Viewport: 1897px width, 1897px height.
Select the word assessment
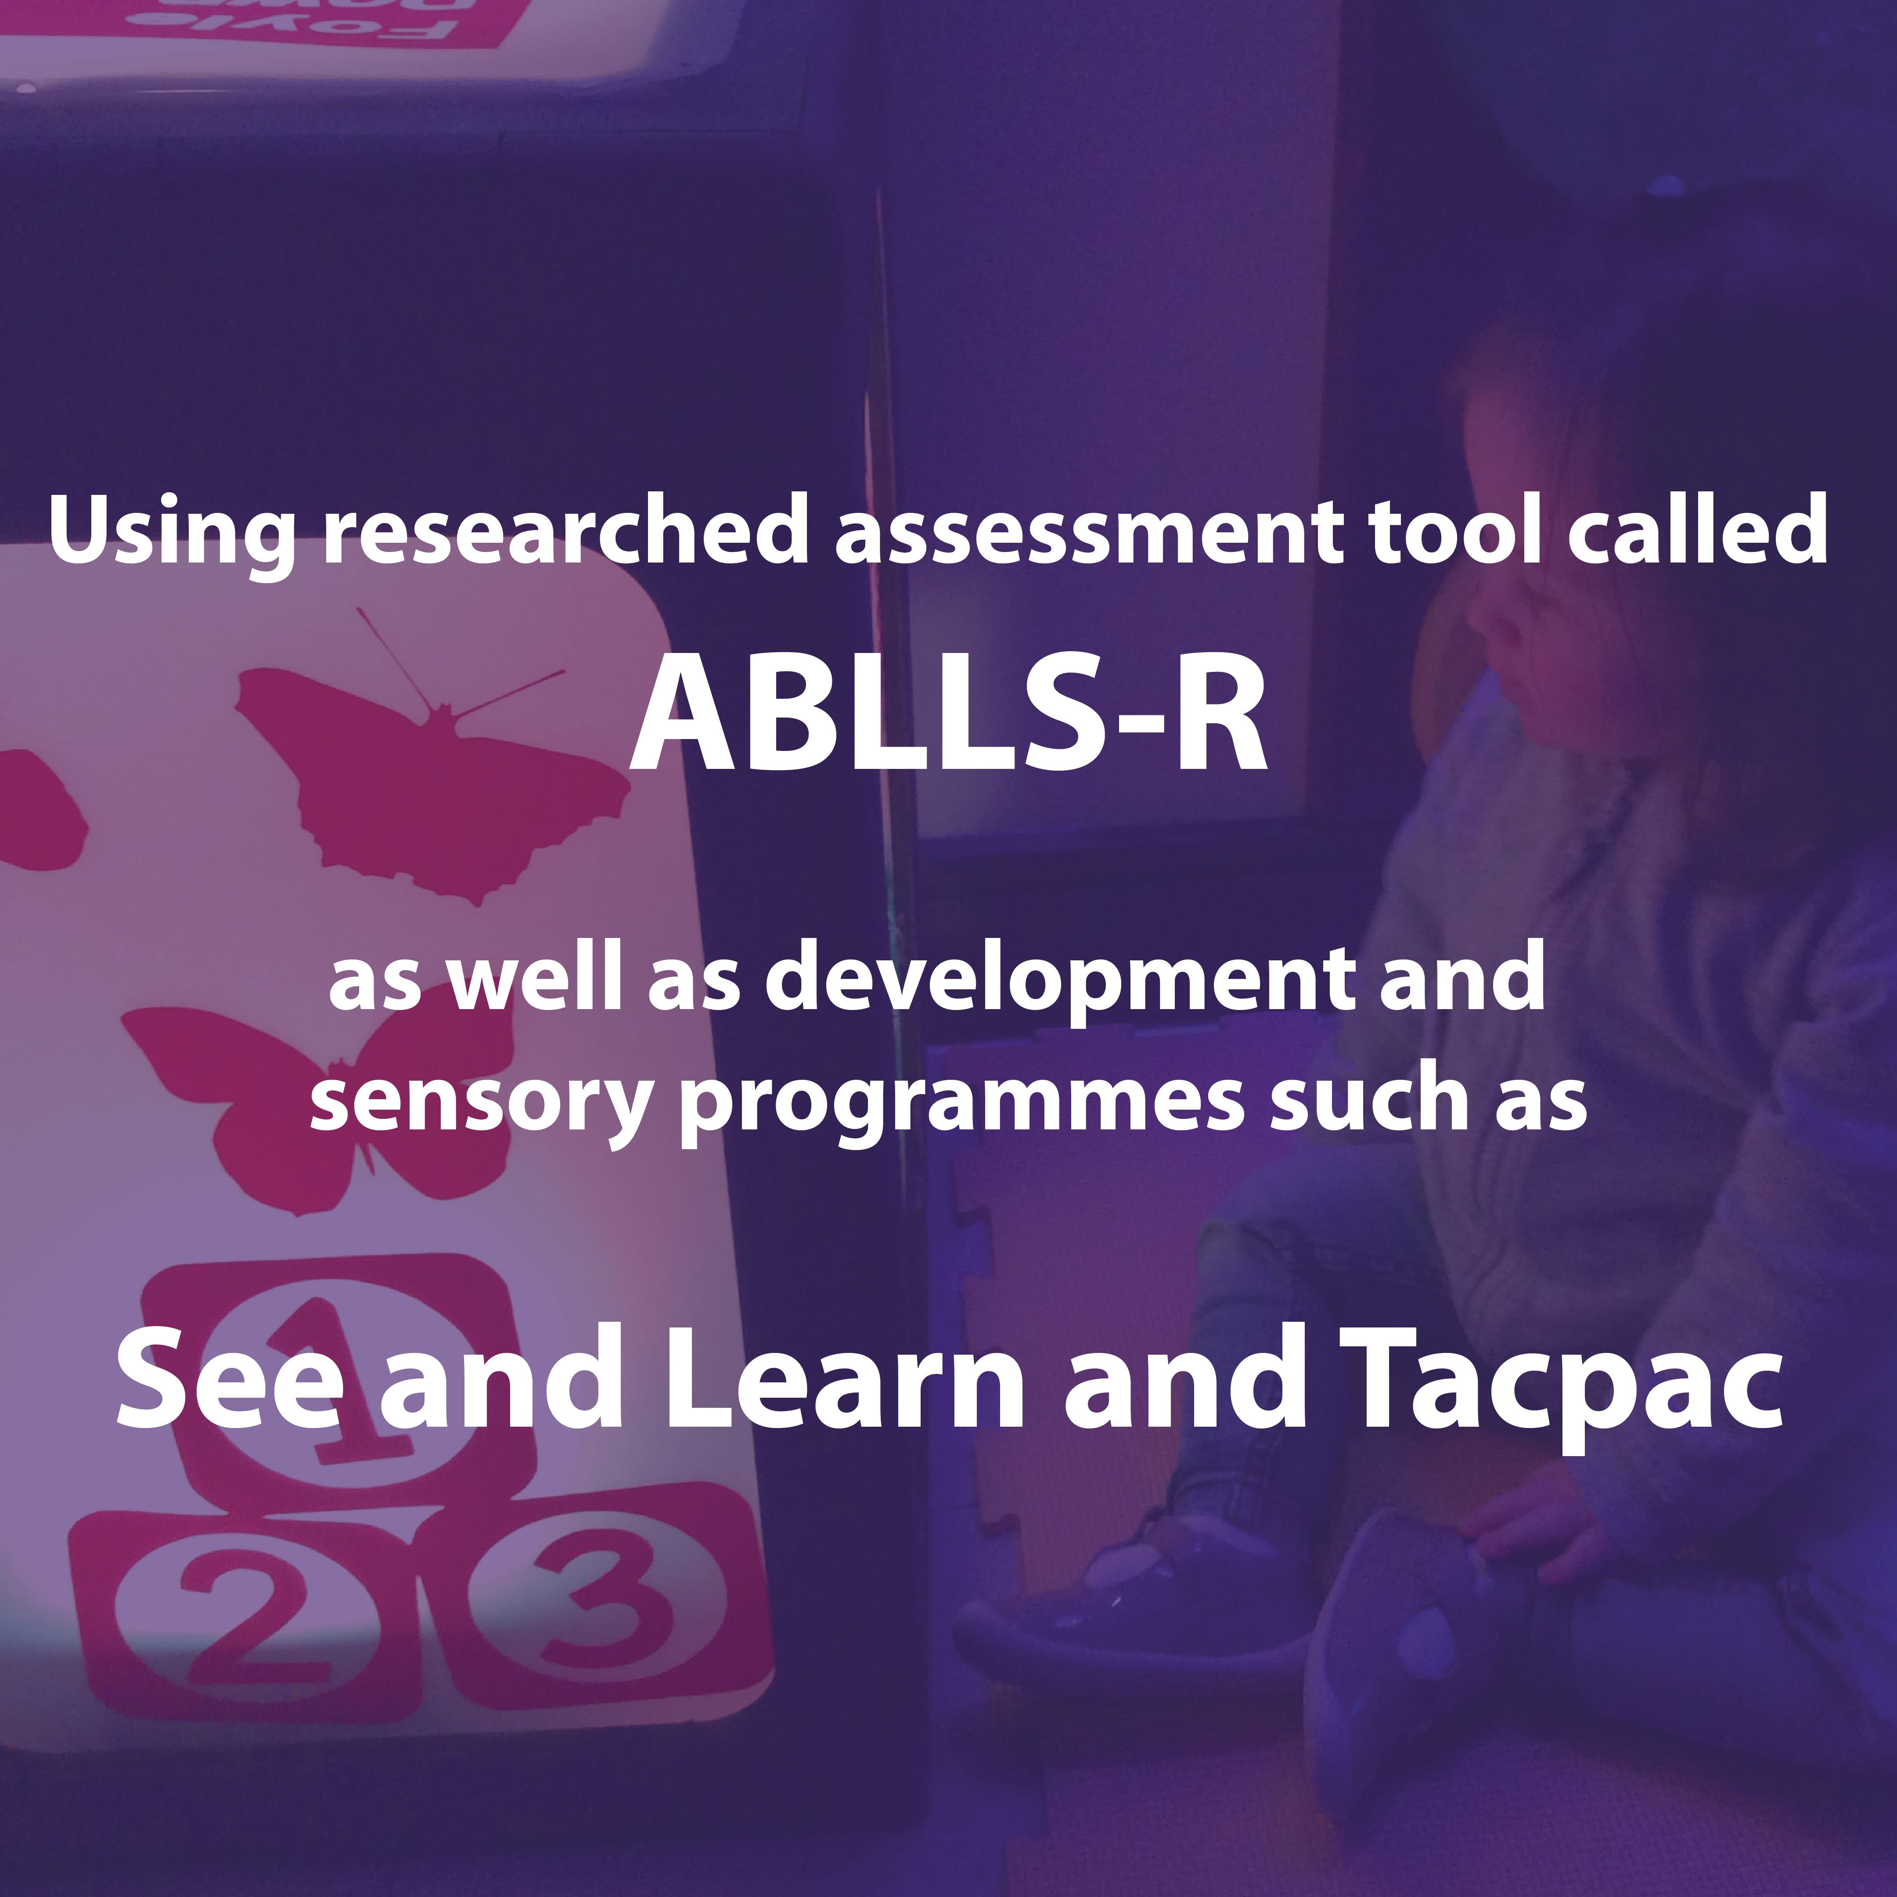coord(1089,533)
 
